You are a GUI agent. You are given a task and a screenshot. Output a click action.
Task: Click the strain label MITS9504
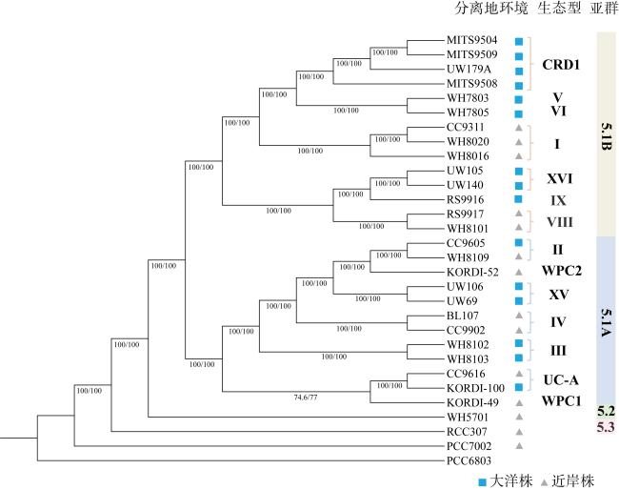(x=471, y=40)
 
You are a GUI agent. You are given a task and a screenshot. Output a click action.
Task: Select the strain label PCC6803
(x=469, y=460)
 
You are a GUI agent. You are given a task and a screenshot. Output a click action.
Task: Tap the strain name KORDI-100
(x=475, y=388)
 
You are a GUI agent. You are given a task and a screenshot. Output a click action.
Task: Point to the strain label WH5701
(x=468, y=418)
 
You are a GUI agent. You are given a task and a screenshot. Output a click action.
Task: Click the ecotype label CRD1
(x=561, y=65)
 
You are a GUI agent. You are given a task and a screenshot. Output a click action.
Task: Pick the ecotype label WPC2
(x=561, y=271)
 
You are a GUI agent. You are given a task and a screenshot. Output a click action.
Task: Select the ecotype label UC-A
(x=561, y=380)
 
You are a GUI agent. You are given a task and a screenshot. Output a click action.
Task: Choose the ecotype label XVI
(x=559, y=178)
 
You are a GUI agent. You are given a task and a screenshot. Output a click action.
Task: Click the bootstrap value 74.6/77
(x=306, y=398)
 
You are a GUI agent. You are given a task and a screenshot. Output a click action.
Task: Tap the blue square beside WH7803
(x=519, y=99)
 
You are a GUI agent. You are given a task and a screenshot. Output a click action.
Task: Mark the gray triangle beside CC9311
(x=519, y=128)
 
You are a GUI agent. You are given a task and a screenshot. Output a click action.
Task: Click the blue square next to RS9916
(x=519, y=199)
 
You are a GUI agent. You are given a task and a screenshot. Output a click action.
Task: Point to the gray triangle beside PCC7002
(x=519, y=446)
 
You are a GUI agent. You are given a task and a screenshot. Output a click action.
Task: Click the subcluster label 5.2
(x=606, y=412)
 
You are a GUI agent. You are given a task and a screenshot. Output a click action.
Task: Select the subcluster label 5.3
(x=606, y=427)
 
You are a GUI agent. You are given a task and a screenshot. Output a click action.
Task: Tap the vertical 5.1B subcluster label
(x=607, y=136)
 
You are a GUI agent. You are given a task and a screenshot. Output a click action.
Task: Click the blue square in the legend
(x=482, y=482)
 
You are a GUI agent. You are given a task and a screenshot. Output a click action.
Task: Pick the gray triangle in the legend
(x=545, y=482)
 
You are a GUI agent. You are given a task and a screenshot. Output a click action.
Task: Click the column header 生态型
(x=559, y=9)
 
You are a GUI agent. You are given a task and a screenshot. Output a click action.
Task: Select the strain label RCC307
(x=467, y=432)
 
